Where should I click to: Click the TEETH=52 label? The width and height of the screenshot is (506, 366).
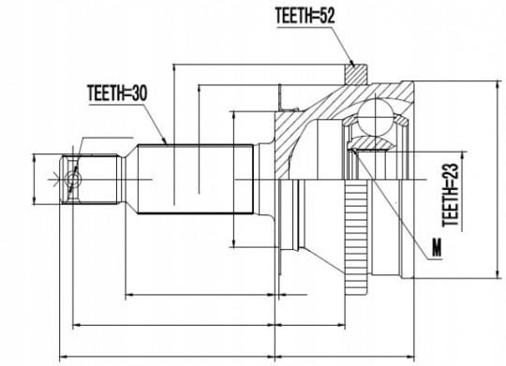point(305,16)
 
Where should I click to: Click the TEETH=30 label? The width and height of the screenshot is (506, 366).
point(117,94)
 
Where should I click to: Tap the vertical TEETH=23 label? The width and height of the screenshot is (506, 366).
point(450,195)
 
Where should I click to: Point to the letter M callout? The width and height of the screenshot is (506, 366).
point(437,247)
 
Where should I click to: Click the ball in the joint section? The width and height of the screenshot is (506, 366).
point(376,116)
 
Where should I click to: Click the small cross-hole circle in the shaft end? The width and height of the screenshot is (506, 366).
point(74,179)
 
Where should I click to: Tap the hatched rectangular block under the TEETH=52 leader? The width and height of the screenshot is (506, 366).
point(356,75)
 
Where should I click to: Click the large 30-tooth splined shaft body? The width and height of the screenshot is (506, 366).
point(196,179)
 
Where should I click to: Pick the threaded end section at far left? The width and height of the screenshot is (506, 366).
point(89,180)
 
